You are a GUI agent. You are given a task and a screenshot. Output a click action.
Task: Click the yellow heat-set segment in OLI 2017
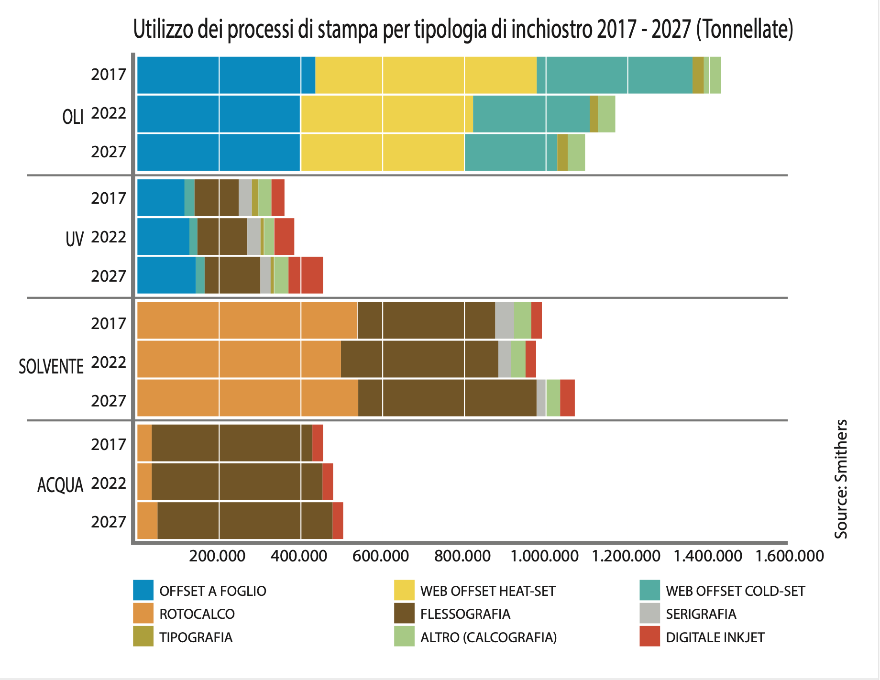point(426,75)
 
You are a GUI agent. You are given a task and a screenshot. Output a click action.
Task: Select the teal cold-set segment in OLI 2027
point(510,153)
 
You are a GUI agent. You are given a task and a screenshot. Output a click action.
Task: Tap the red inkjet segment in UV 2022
point(284,237)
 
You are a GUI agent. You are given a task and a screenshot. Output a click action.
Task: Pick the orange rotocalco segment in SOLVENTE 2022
point(239,359)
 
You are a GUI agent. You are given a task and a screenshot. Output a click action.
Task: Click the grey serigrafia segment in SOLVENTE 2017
point(505,320)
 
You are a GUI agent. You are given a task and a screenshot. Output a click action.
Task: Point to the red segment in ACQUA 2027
point(338,521)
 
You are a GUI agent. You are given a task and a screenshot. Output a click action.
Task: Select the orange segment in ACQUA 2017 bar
point(144,443)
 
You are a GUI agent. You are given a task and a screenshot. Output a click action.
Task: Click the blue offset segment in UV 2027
point(166,275)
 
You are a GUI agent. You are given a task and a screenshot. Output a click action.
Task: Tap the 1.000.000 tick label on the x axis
point(544,556)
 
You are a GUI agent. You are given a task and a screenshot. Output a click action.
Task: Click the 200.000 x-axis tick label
point(217,556)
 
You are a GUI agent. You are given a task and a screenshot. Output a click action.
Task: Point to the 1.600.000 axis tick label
point(790,556)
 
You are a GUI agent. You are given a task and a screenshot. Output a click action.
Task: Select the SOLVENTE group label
point(51,367)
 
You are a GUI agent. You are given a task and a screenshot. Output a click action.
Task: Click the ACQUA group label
point(60,485)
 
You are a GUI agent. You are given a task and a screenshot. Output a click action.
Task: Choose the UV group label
point(75,239)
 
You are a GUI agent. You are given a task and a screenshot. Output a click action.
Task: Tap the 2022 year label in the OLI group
point(109,113)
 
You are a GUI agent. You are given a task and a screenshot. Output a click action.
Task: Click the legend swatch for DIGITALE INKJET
point(649,636)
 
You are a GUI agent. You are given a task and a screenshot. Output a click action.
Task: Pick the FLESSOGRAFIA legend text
point(465,614)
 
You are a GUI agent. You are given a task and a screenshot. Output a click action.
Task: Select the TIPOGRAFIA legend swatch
point(143,636)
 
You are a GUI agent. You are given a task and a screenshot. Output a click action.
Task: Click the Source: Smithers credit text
point(841,479)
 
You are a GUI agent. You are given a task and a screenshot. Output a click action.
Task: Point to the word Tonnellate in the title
point(744,30)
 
